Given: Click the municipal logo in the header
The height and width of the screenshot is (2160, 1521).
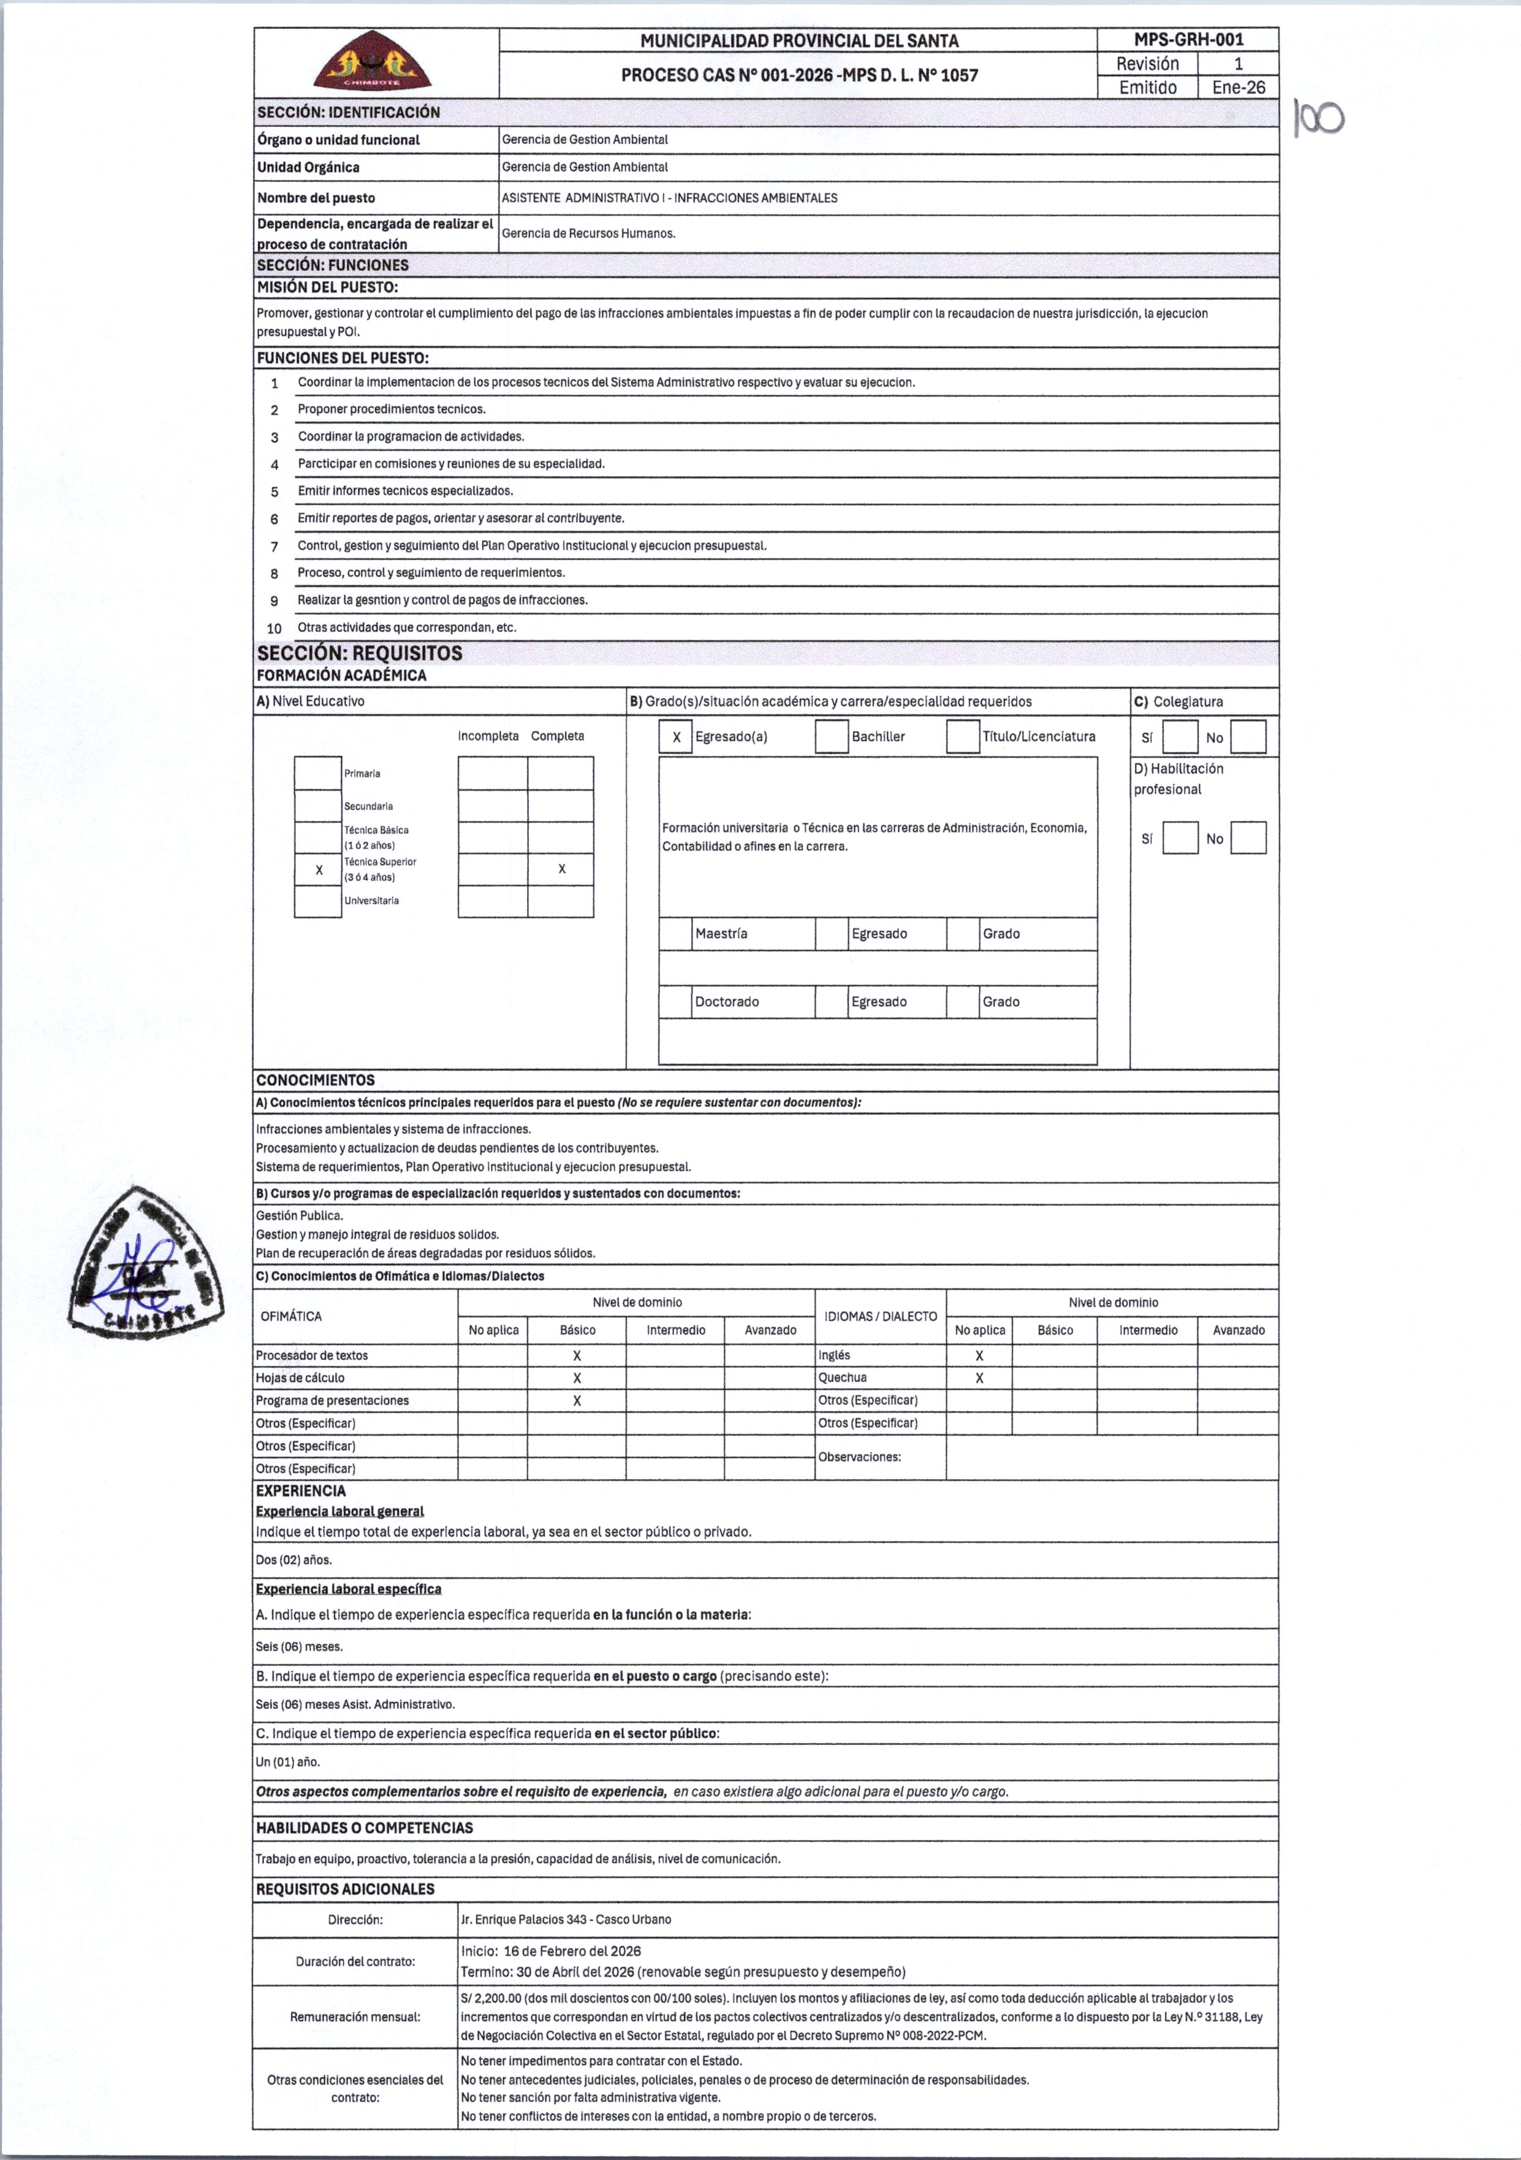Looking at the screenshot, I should [x=373, y=62].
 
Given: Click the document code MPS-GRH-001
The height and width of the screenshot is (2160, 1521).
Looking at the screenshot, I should [x=1188, y=39].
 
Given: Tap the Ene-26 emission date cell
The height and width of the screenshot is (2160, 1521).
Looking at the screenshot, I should [x=1238, y=88].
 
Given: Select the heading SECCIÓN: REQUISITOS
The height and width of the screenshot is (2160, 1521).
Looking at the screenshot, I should [x=359, y=653].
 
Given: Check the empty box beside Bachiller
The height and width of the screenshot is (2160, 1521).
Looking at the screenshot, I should [x=832, y=737].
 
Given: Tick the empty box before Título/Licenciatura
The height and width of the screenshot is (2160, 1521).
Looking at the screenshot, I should [x=962, y=737].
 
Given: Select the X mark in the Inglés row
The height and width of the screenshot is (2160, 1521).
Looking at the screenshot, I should [x=979, y=1356].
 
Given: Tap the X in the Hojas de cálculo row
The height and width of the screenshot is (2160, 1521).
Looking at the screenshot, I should [x=577, y=1379].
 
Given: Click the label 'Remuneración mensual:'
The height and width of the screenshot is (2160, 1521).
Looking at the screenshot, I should [x=355, y=2017].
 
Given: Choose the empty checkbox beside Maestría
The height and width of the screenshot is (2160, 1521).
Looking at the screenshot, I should [x=675, y=934].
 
